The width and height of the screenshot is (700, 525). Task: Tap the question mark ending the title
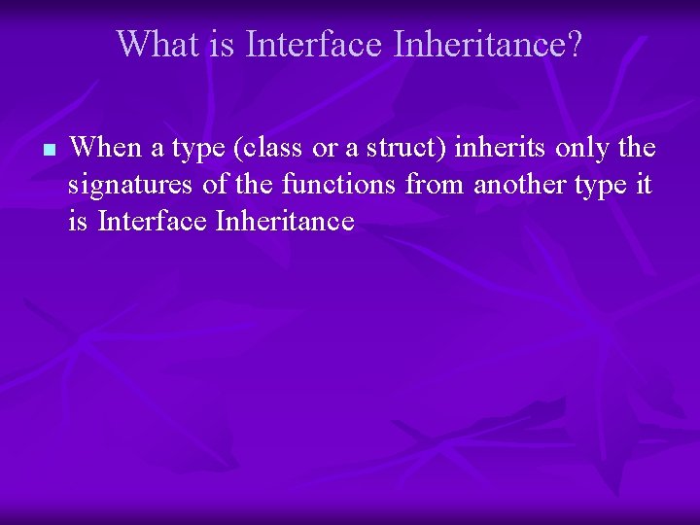point(575,44)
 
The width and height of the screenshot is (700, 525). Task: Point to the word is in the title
point(222,44)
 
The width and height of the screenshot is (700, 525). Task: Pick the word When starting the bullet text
point(104,148)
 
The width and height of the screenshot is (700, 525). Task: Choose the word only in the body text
point(579,148)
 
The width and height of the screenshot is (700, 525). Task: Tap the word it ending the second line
point(644,185)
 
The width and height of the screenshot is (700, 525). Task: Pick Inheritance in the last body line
point(284,222)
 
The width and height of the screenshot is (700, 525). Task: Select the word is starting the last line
point(78,222)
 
